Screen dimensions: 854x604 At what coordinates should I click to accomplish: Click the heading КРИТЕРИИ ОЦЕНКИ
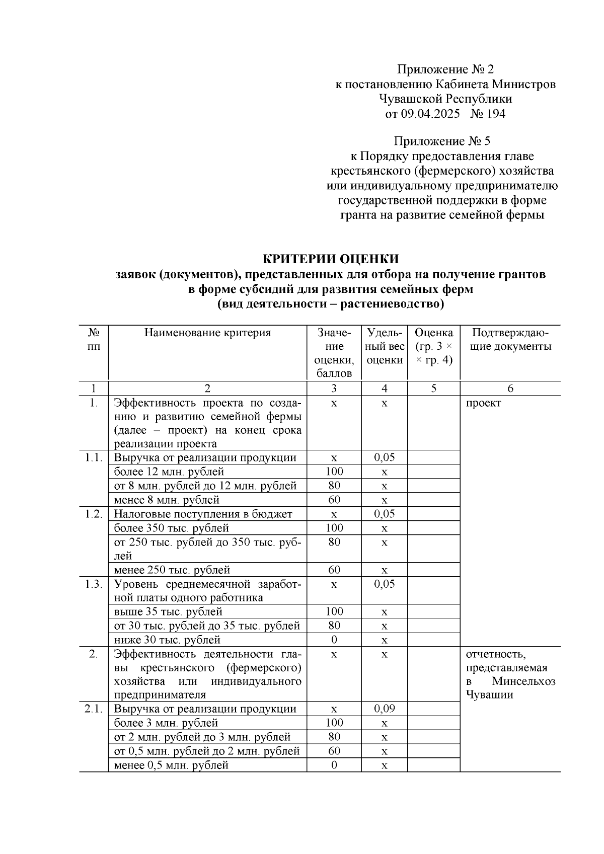[331, 259]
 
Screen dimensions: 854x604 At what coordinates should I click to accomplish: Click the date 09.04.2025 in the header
[430, 114]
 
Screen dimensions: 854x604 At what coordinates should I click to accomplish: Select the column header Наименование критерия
[207, 333]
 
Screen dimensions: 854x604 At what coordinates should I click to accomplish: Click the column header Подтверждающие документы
[510, 340]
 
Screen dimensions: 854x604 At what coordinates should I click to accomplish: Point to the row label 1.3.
[94, 584]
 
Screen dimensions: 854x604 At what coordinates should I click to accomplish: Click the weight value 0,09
[384, 709]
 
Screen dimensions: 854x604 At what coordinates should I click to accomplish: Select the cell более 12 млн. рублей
[169, 472]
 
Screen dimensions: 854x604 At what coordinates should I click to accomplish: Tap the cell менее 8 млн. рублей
[167, 500]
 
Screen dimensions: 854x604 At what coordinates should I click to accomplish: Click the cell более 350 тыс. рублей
[171, 528]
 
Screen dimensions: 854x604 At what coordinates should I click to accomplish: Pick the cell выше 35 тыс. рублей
[168, 612]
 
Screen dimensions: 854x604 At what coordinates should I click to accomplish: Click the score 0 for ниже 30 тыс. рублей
[334, 640]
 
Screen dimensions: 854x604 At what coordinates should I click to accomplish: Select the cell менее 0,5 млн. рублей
[171, 765]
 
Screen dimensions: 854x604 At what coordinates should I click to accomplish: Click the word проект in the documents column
[483, 403]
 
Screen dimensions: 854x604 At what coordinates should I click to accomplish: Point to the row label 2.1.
[94, 709]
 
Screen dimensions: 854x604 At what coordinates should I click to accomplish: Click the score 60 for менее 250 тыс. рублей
[334, 570]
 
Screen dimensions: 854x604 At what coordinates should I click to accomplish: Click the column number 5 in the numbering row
[433, 389]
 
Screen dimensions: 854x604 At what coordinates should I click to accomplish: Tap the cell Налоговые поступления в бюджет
[203, 514]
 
